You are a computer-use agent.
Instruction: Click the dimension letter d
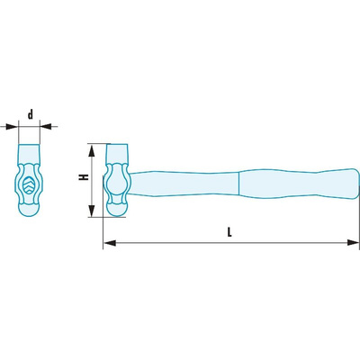click(31, 114)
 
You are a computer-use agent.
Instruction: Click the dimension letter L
click(229, 232)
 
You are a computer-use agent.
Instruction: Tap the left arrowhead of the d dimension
click(13, 127)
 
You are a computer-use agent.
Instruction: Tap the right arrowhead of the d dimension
click(46, 127)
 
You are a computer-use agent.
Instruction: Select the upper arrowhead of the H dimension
click(92, 150)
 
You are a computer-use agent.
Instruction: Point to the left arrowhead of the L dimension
click(110, 243)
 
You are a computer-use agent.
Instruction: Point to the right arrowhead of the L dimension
click(353, 243)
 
